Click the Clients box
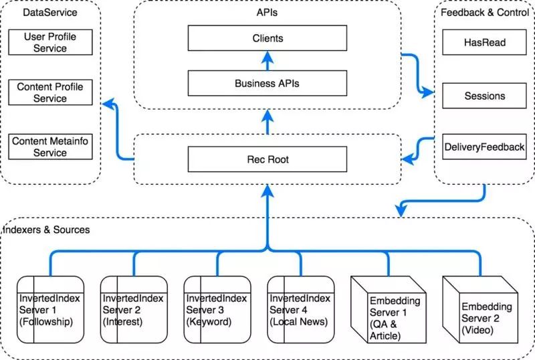point(267,38)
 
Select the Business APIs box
point(267,84)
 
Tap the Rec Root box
point(267,159)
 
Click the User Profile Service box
point(50,42)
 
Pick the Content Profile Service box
point(50,92)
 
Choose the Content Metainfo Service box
point(50,147)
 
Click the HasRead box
point(484,42)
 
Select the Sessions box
point(484,96)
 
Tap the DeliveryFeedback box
point(484,147)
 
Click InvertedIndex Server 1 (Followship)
point(50,309)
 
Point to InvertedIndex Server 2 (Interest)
point(134,309)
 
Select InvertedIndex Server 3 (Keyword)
point(217,309)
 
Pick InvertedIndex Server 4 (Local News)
point(300,309)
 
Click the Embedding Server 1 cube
point(389,309)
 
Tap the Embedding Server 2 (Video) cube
point(480,309)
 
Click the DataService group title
point(49,13)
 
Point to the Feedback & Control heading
point(484,13)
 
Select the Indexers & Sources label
point(46,230)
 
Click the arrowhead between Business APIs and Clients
point(267,57)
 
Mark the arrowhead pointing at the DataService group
point(108,104)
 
